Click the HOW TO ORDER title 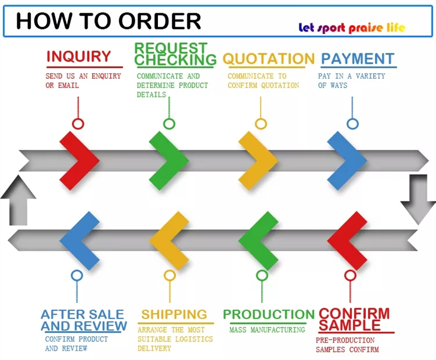point(108,21)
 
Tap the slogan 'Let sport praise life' point(352,27)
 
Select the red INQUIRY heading point(78,57)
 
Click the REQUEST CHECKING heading point(175,54)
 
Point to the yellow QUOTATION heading point(268,59)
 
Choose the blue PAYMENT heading point(358,59)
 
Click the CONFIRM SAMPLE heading point(354,319)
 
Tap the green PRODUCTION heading point(269,315)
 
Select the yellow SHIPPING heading point(174,315)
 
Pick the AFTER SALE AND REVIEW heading point(84,320)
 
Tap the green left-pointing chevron point(258,240)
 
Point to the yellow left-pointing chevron point(169,240)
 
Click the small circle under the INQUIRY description point(78,123)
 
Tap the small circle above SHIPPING point(169,275)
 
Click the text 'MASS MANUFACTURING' point(267,330)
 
